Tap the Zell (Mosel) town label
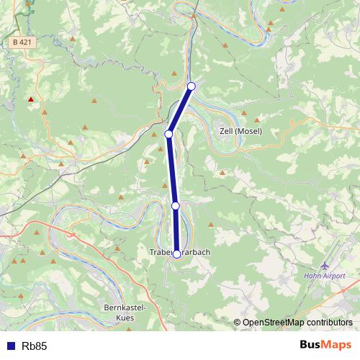pos(240,132)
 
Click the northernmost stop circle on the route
pos(191,86)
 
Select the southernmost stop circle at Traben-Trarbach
pos(176,254)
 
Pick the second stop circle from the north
pos(169,134)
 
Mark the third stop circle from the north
pos(175,206)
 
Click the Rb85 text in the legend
pos(35,346)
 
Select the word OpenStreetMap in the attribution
pos(275,323)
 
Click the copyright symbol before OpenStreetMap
pos(238,323)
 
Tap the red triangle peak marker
pos(30,99)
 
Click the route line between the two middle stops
pos(172,170)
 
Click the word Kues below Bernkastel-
pos(125,317)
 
